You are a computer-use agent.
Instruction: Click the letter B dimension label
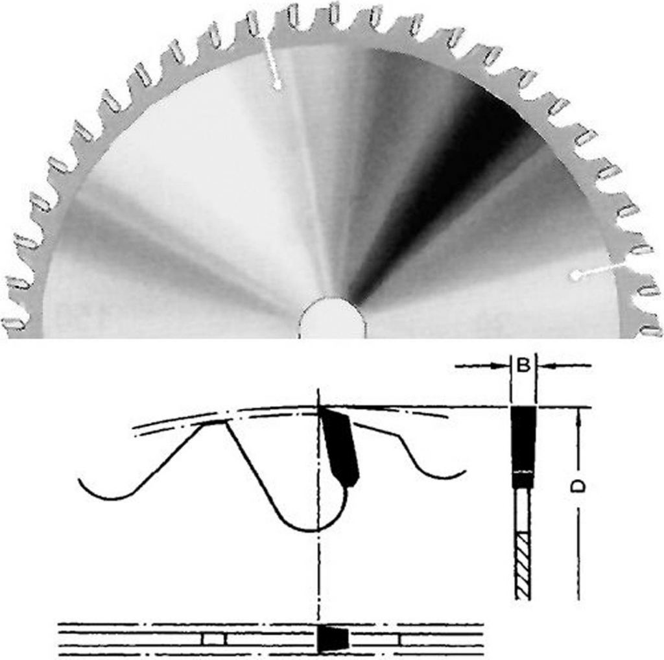point(523,365)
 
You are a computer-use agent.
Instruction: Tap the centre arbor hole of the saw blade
point(331,319)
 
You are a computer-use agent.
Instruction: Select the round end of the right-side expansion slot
point(574,276)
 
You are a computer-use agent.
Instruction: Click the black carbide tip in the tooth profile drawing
point(340,447)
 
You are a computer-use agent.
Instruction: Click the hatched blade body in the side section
point(523,565)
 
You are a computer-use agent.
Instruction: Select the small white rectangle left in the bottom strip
point(213,639)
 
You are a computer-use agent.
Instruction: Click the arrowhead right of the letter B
point(543,366)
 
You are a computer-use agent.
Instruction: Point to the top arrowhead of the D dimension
point(578,414)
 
